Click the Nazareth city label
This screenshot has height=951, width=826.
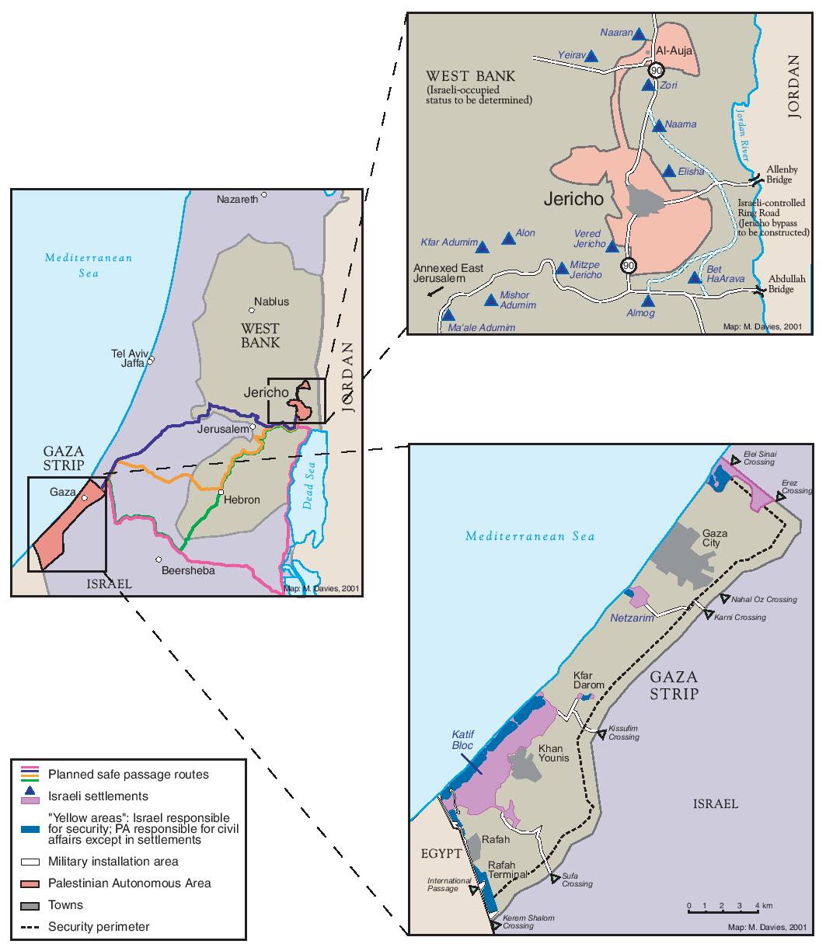237,200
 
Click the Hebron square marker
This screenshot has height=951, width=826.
221,493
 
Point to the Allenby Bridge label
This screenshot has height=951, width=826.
779,174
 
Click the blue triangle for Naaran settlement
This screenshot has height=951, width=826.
639,35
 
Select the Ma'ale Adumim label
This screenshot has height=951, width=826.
483,328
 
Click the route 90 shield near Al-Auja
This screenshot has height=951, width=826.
657,70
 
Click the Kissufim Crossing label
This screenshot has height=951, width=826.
624,732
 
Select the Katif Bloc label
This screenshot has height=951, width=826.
462,740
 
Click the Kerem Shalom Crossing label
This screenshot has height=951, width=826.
528,921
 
